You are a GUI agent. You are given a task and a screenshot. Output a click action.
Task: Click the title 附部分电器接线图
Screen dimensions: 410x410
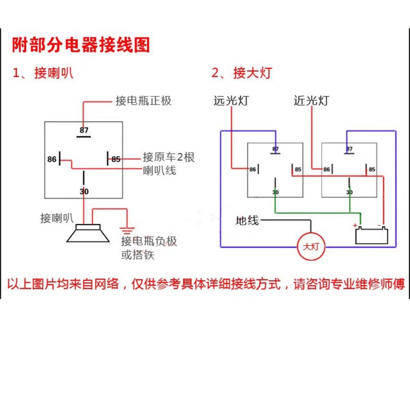coord(80,45)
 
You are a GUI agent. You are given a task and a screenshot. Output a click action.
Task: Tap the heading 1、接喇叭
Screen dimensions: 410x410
coord(43,73)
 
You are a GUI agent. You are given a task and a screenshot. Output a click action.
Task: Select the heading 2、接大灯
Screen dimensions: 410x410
coord(241,73)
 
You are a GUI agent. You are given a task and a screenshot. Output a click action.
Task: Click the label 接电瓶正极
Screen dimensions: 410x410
coord(143,100)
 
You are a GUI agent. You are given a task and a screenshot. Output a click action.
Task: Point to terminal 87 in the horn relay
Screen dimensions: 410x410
coord(84,131)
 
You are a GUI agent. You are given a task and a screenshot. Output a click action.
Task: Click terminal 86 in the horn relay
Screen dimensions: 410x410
coord(52,159)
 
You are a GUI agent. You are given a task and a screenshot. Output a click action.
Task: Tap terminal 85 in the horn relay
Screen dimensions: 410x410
coord(116,159)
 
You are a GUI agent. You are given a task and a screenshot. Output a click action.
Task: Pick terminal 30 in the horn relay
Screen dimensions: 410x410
coord(84,191)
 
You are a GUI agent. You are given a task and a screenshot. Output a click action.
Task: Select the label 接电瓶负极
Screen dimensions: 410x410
coord(149,241)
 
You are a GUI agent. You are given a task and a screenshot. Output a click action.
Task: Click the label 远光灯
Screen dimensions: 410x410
coord(231,100)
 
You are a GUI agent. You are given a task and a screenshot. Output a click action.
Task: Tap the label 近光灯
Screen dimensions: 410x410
coord(311,100)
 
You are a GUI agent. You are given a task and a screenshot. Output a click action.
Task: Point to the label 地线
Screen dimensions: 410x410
coord(247,220)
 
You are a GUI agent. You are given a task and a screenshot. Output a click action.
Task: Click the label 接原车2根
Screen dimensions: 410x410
coord(169,157)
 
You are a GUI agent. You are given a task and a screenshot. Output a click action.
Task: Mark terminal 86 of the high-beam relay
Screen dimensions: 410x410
coord(253,169)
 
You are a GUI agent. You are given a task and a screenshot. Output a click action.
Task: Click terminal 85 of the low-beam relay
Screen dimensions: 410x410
coord(372,169)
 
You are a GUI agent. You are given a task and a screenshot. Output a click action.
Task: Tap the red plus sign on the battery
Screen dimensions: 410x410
coord(355,225)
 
